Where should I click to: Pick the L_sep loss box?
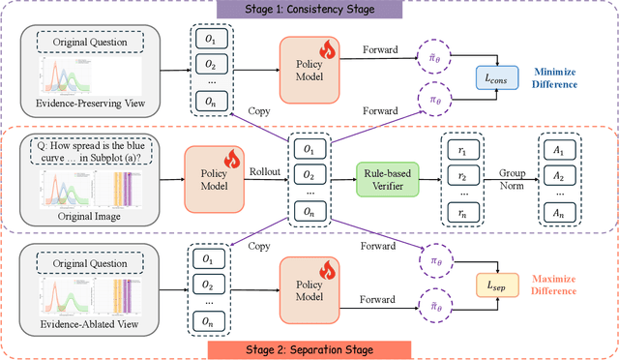(x=491, y=284)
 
